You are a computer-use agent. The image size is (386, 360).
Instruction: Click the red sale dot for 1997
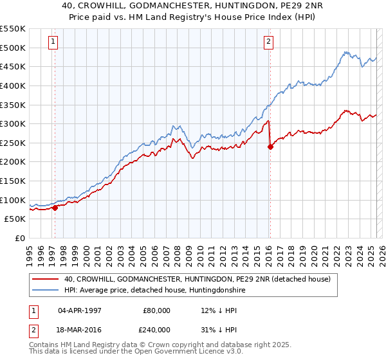click(55, 208)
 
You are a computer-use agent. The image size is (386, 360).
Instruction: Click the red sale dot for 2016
click(270, 147)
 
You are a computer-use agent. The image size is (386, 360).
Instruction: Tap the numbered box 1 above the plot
click(52, 42)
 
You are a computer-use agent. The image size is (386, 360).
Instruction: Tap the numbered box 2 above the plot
click(268, 42)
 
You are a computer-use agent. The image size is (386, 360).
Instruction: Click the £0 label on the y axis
click(21, 239)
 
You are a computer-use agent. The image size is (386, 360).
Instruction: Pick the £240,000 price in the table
click(157, 329)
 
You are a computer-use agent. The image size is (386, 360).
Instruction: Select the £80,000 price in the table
click(157, 310)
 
